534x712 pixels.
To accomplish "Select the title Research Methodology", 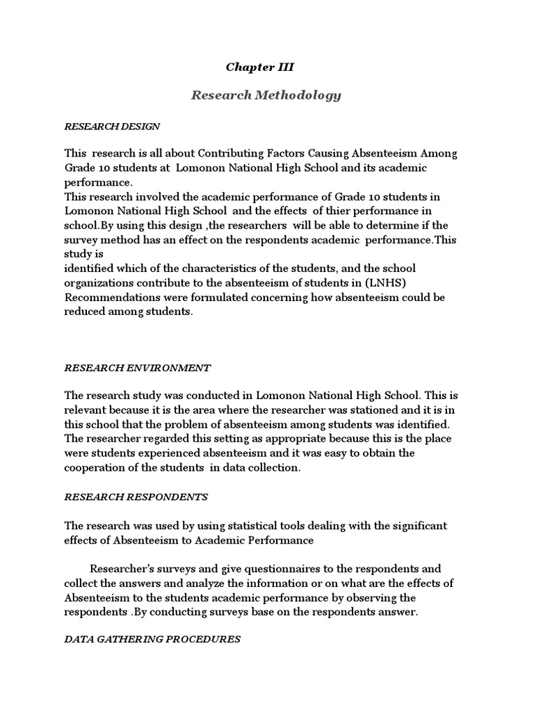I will coord(266,95).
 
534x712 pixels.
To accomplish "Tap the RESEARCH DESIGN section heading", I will coord(112,127).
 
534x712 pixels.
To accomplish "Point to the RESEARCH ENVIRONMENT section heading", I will coord(137,367).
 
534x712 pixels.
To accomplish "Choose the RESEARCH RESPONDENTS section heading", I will coord(136,497).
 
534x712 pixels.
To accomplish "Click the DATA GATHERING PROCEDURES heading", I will coord(152,639).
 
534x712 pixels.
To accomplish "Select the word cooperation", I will coord(97,467).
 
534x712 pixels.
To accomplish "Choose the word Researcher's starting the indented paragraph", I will coord(123,569).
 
